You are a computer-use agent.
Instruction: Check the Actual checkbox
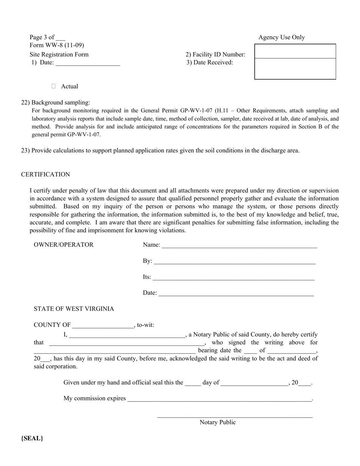click(x=53, y=86)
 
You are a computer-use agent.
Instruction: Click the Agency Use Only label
click(x=281, y=37)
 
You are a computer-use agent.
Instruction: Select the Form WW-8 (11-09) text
click(x=57, y=45)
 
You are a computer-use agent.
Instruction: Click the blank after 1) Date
click(x=88, y=63)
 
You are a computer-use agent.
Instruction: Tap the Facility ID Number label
click(x=215, y=55)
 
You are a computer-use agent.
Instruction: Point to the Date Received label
click(x=210, y=63)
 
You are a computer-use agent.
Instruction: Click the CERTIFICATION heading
click(x=45, y=174)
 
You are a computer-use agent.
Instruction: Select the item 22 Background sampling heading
click(x=56, y=102)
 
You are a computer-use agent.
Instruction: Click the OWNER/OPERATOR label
click(x=63, y=245)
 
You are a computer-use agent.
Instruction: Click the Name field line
click(x=239, y=246)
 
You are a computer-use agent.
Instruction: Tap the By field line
click(x=234, y=261)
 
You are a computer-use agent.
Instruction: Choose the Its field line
click(x=233, y=278)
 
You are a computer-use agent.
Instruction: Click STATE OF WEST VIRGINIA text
click(x=74, y=309)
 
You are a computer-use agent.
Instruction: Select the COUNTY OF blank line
click(x=103, y=325)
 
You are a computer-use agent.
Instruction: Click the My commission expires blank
click(x=219, y=399)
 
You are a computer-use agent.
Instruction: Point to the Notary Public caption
click(x=218, y=422)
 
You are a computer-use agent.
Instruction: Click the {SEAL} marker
click(x=32, y=438)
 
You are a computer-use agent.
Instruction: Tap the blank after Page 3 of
click(x=60, y=38)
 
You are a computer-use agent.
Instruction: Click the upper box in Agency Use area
click(x=295, y=51)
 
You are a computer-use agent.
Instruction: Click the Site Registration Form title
click(x=59, y=55)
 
